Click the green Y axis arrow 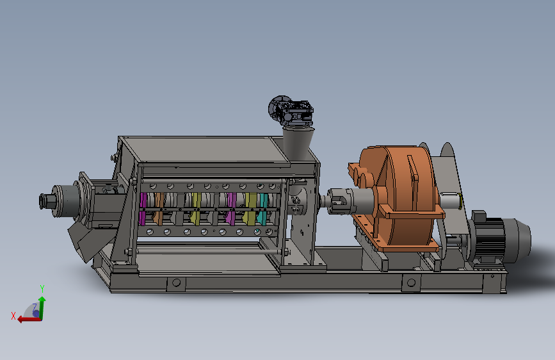pos(42,307)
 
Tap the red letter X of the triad pos(13,316)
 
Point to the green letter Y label pos(42,288)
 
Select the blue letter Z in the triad pos(35,307)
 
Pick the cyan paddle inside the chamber pos(262,209)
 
